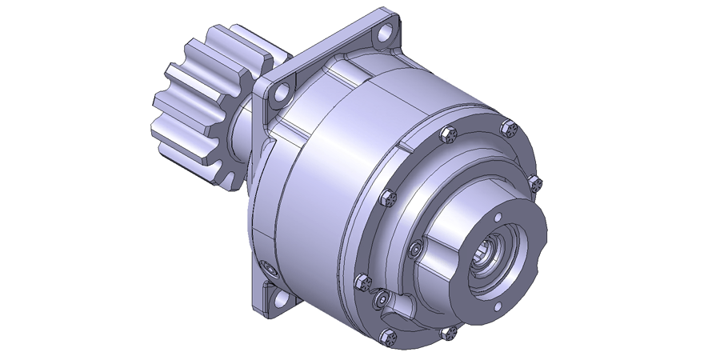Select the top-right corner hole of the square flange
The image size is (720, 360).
[x=387, y=33]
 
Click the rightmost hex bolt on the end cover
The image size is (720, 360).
[x=535, y=184]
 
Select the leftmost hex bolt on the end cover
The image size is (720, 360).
[x=363, y=281]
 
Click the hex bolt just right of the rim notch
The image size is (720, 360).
[x=447, y=134]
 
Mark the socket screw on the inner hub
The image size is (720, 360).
[x=414, y=250]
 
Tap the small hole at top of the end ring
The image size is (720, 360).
[x=497, y=216]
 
